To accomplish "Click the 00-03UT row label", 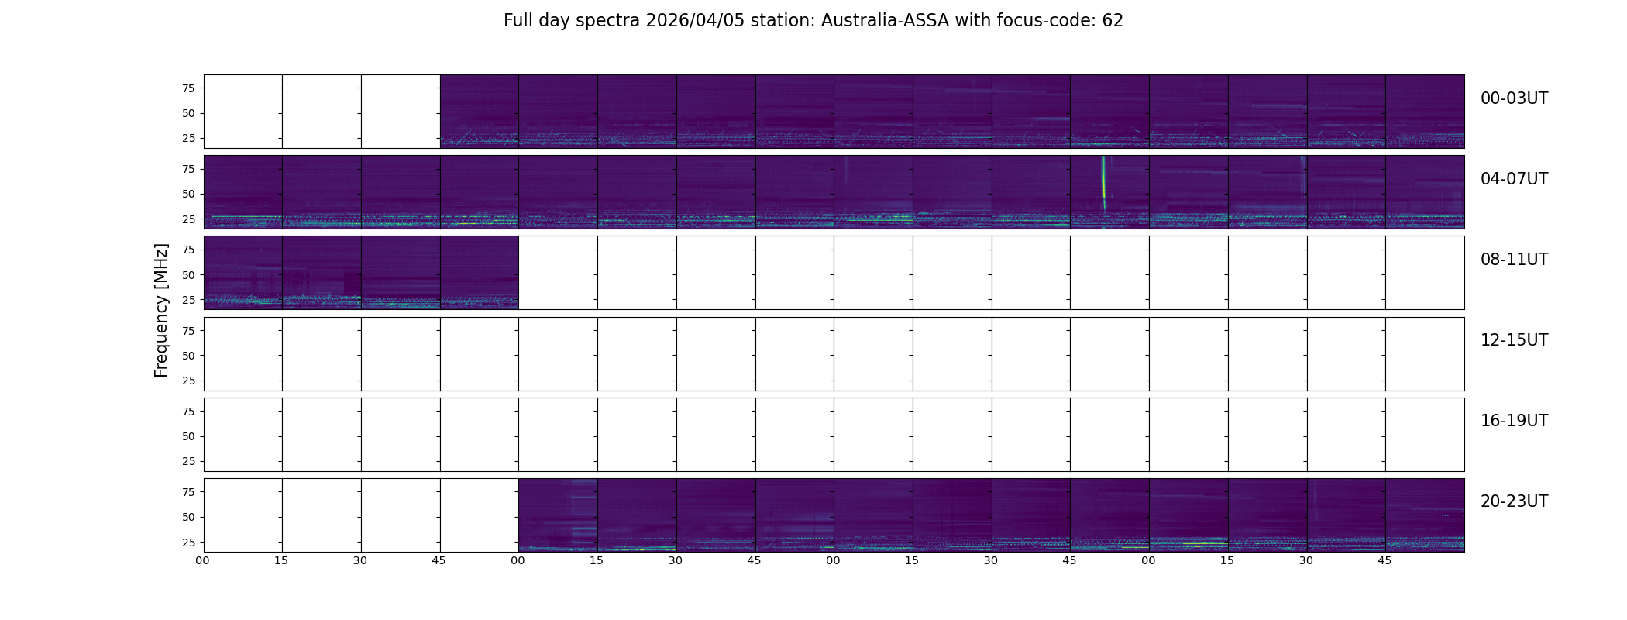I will click(x=1514, y=98).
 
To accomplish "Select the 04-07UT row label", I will click(x=1514, y=179).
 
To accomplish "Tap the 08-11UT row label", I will click(x=1514, y=260).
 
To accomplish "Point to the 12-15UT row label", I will click(x=1514, y=340).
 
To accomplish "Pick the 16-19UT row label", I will click(x=1514, y=421).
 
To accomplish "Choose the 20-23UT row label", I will click(x=1514, y=501).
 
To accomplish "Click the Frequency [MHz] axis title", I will click(x=161, y=310).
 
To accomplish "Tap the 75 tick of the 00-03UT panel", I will click(x=188, y=88).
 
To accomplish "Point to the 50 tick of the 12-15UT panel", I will click(x=188, y=356).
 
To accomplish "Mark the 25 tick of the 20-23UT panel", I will click(x=188, y=542).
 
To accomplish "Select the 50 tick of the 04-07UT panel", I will click(x=188, y=195).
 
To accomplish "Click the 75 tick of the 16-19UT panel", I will click(x=188, y=412).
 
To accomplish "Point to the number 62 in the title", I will click(x=1113, y=21).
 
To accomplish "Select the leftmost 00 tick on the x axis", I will click(x=202, y=560).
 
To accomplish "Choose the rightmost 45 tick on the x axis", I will click(x=1384, y=560).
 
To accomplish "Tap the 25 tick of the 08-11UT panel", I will click(x=188, y=300).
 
